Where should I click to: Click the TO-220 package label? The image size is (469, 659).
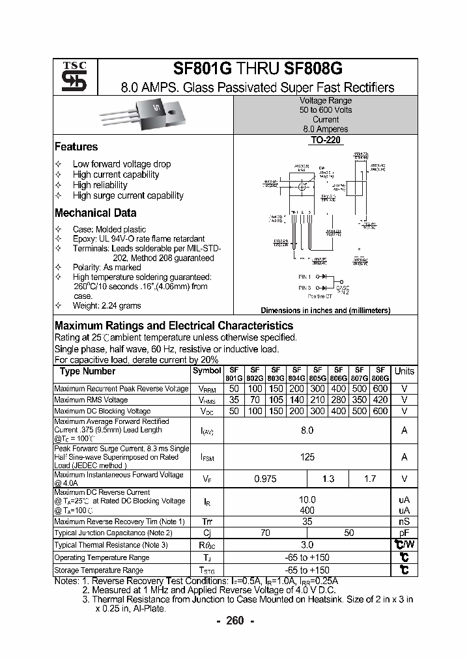point(325,139)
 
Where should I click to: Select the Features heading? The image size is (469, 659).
point(76,147)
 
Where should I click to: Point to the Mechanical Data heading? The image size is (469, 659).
point(95,213)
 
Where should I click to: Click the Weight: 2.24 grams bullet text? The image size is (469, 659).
point(107,305)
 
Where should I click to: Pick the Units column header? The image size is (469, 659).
point(404,371)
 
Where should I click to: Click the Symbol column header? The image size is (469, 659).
point(206,371)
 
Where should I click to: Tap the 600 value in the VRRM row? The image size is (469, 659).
point(380,389)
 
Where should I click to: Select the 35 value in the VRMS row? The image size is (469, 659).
point(234,400)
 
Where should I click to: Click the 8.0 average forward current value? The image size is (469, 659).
point(307,430)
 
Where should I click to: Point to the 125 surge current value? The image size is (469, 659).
point(307,457)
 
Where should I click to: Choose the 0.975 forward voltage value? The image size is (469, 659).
point(265,479)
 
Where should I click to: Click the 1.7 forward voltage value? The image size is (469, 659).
point(369,479)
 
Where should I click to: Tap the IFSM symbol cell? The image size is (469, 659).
point(206,458)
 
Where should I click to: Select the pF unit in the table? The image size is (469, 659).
point(404,533)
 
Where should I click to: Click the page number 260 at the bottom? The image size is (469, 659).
point(234,621)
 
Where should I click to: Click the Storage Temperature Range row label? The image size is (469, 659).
point(98,570)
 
